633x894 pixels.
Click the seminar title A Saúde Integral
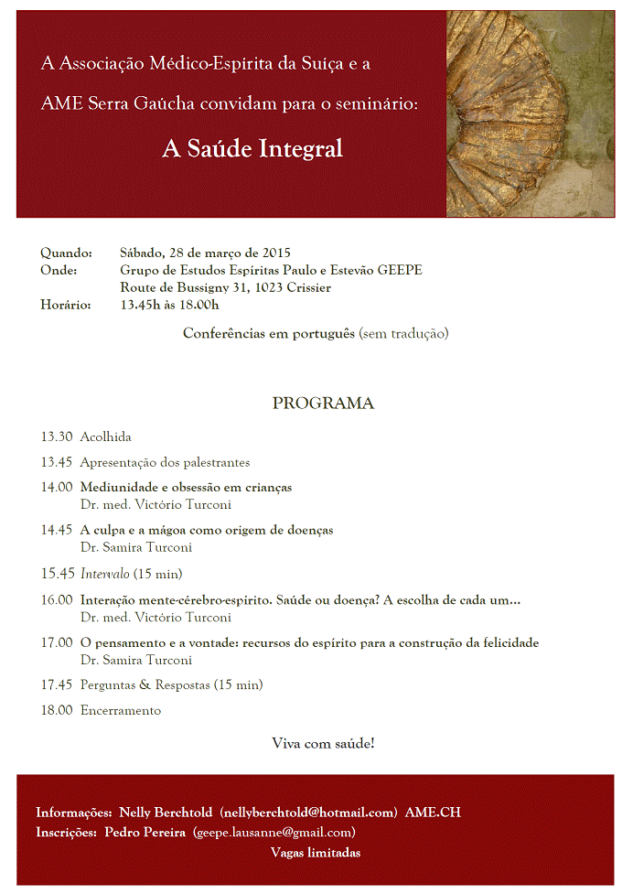pyautogui.click(x=252, y=148)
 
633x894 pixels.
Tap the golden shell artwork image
pyautogui.click(x=530, y=113)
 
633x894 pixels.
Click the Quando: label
pyautogui.click(x=66, y=253)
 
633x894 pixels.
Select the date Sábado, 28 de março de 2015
pyautogui.click(x=205, y=253)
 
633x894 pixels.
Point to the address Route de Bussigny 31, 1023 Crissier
pyautogui.click(x=225, y=287)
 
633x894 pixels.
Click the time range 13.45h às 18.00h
pyautogui.click(x=169, y=305)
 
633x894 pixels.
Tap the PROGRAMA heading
pyautogui.click(x=323, y=403)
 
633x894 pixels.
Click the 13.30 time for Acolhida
pyautogui.click(x=56, y=436)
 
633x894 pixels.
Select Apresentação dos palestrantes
pyautogui.click(x=165, y=462)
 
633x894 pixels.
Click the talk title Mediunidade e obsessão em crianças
pyautogui.click(x=186, y=487)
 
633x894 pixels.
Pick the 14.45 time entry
pyautogui.click(x=56, y=530)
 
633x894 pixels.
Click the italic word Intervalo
pyautogui.click(x=105, y=574)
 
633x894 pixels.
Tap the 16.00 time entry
pyautogui.click(x=56, y=599)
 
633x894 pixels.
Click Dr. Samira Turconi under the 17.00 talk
pyautogui.click(x=136, y=660)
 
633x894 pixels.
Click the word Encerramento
pyautogui.click(x=120, y=710)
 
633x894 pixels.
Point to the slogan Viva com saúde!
pyautogui.click(x=323, y=743)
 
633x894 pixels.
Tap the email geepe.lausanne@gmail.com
pyautogui.click(x=274, y=832)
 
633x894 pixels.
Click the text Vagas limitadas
pyautogui.click(x=316, y=853)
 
